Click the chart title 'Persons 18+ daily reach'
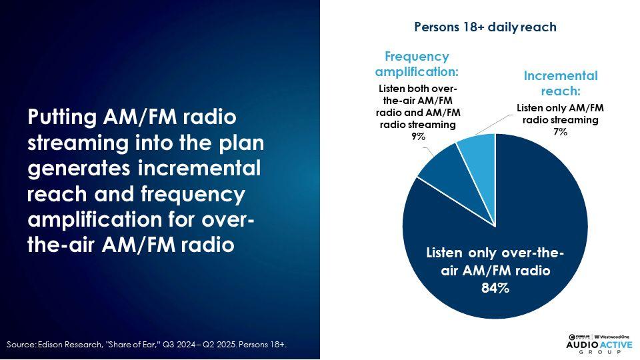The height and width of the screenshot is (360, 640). pyautogui.click(x=485, y=27)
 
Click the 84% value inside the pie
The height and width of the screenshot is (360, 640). pyautogui.click(x=495, y=288)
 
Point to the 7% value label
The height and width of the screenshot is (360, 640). pyautogui.click(x=560, y=132)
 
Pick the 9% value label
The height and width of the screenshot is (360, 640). pyautogui.click(x=418, y=136)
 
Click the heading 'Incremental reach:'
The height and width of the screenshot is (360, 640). pyautogui.click(x=561, y=83)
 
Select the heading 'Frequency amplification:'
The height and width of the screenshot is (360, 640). pyautogui.click(x=417, y=64)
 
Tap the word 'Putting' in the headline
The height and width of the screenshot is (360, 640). pyautogui.click(x=62, y=117)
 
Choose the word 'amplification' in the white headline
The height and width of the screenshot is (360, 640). pyautogui.click(x=95, y=219)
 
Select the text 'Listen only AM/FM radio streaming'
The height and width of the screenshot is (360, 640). pyautogui.click(x=560, y=114)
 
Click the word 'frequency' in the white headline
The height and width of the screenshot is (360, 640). pyautogui.click(x=193, y=194)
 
